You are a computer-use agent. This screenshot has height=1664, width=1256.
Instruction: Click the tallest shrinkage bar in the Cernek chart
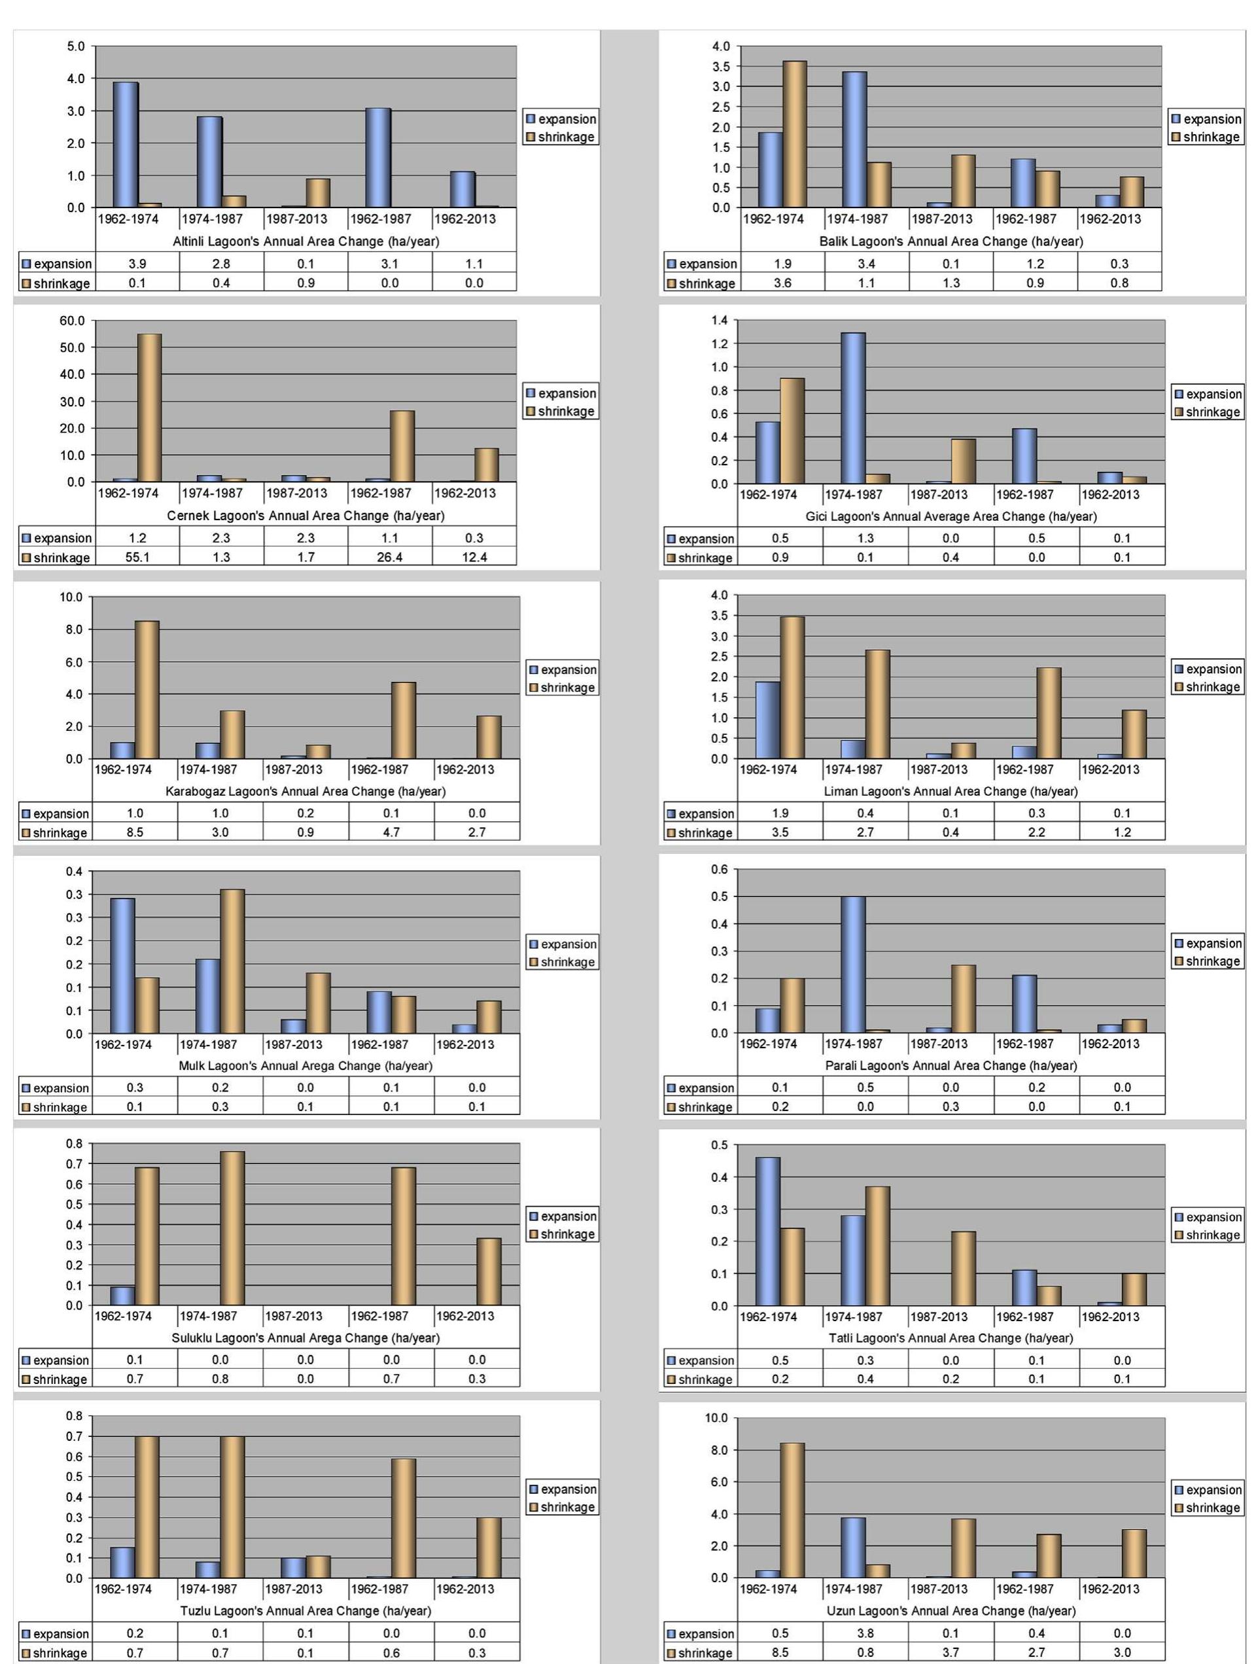pos(149,408)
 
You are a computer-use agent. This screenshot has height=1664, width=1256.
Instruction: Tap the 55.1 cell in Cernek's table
pos(137,558)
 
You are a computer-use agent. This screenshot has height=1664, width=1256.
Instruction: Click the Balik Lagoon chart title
pos(951,241)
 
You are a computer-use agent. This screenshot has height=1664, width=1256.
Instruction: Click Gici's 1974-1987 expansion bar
pos(853,408)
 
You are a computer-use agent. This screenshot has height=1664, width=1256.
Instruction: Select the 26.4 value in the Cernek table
pos(390,558)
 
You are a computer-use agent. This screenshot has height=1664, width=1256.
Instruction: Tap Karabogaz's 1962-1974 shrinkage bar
pos(147,689)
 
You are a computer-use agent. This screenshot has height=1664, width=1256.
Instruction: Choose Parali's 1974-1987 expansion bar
pos(853,965)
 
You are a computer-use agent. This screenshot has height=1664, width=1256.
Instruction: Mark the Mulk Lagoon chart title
pos(305,1066)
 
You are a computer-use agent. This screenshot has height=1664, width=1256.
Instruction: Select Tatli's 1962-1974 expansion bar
pos(768,1231)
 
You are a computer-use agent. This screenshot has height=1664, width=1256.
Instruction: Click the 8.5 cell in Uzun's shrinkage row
pos(780,1653)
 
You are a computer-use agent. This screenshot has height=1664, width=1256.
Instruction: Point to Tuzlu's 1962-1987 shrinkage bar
pos(403,1518)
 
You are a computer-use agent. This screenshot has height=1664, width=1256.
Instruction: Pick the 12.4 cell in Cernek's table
pos(474,558)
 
